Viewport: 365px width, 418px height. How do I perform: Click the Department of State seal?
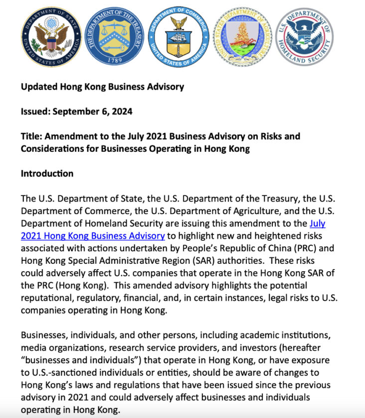tap(51, 37)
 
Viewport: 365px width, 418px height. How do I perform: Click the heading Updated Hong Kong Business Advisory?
tap(102, 87)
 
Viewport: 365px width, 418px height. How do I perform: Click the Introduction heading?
tap(47, 174)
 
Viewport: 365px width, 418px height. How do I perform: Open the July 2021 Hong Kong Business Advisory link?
tap(93, 235)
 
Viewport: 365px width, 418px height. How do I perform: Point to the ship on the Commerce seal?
tap(179, 40)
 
